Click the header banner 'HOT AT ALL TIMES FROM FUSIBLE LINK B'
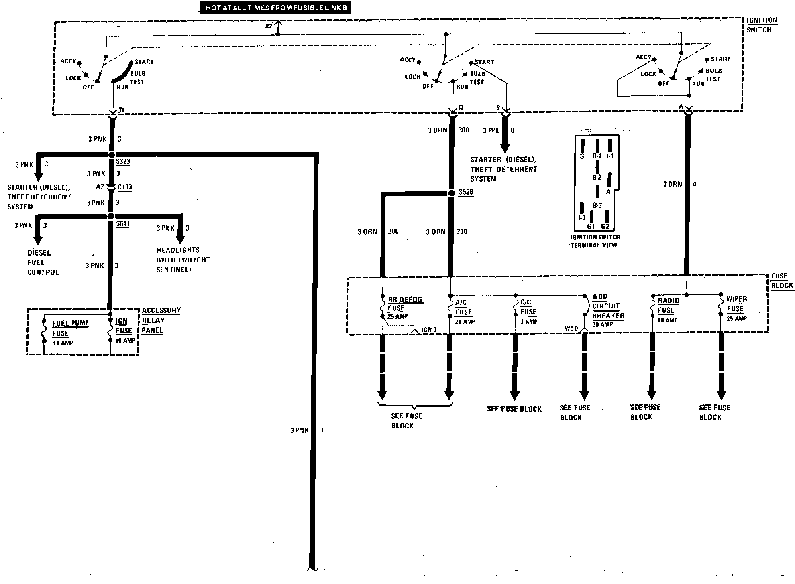[275, 8]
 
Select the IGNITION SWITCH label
[761, 25]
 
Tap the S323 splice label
[122, 162]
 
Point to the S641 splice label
[122, 223]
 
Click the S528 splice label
[466, 192]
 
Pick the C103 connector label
[125, 187]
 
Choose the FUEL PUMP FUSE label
[70, 328]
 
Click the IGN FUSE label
[124, 326]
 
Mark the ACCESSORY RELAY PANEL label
[161, 320]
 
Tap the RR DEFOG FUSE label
[405, 304]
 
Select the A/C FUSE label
[463, 307]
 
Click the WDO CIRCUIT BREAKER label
[608, 306]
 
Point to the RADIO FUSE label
[668, 305]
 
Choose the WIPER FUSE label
[736, 304]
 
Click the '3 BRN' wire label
[672, 184]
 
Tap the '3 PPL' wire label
[491, 130]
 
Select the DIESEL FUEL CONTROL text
[42, 262]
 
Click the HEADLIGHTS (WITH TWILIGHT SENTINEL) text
[183, 260]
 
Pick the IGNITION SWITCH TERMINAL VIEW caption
[595, 241]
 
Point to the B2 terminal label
[269, 26]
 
